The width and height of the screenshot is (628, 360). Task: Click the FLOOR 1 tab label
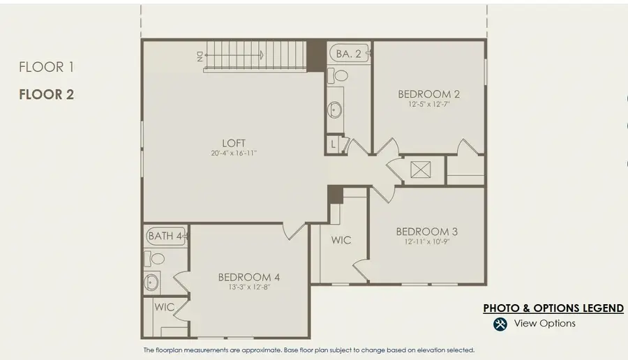point(46,67)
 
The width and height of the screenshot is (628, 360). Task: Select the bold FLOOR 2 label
point(46,94)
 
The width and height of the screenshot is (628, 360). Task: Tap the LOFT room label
point(234,143)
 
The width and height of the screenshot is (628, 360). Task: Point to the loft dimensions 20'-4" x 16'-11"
point(234,153)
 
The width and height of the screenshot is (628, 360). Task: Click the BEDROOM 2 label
point(428,94)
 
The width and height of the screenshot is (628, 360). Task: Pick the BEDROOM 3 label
point(426,232)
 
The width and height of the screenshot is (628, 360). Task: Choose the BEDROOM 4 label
point(248,277)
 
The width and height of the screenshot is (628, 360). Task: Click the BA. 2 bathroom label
point(348,53)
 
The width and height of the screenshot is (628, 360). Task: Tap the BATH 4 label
point(165,237)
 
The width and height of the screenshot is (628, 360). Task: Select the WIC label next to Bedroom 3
point(341,240)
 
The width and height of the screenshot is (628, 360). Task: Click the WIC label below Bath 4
point(165,307)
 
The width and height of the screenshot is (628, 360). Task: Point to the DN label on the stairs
point(200,55)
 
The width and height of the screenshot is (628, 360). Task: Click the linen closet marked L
point(334,144)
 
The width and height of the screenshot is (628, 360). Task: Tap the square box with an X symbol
point(421,170)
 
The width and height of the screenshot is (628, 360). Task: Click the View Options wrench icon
point(500,324)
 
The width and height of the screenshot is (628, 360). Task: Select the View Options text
point(544,324)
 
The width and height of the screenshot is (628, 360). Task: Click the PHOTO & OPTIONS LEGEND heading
point(553,308)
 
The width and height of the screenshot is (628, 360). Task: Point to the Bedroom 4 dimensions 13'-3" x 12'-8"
point(248,287)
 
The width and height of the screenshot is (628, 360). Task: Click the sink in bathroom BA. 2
point(335,110)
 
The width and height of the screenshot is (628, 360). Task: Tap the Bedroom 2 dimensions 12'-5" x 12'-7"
point(428,105)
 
